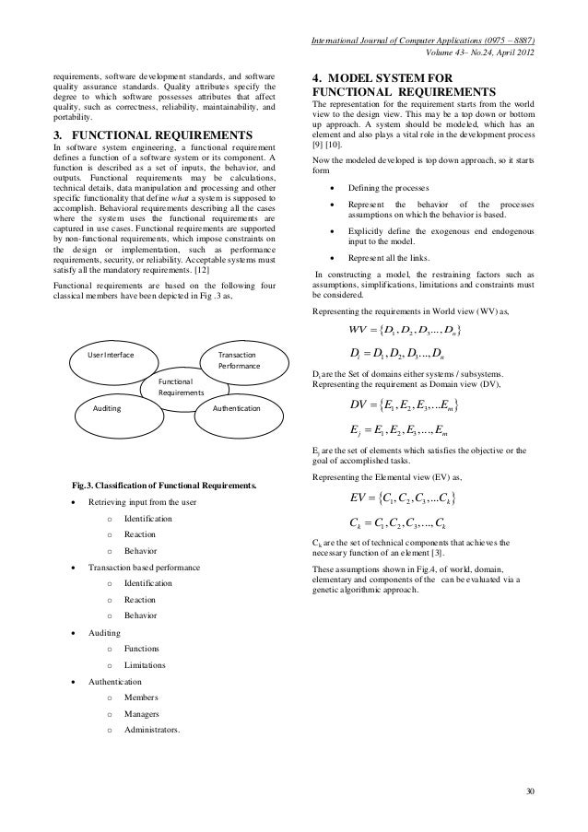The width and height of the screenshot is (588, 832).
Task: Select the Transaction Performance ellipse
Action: click(237, 359)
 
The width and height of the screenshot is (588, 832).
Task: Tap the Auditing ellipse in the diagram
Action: click(112, 406)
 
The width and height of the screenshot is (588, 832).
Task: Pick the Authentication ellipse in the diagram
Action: click(237, 406)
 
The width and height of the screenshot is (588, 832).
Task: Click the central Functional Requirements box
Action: click(181, 385)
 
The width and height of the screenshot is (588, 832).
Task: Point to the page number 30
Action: click(529, 791)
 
